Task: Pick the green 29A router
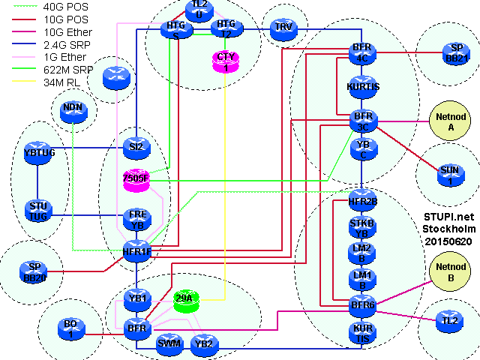tap(184, 299)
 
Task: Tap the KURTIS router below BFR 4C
tap(363, 86)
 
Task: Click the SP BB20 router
tap(34, 271)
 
